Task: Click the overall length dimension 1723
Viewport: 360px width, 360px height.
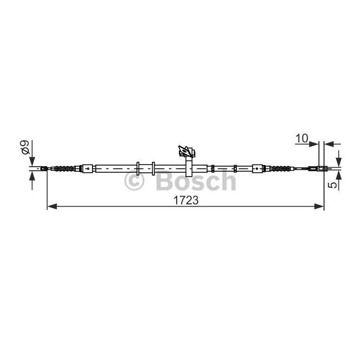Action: pos(186,200)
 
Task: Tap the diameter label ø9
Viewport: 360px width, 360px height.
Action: pos(25,147)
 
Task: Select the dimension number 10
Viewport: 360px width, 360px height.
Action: pos(302,138)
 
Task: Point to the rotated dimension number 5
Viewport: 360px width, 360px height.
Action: pos(333,185)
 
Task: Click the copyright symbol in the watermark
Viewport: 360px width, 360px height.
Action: pos(135,181)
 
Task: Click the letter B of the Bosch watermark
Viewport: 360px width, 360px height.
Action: pos(165,181)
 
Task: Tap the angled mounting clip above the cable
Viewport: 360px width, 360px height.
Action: pos(187,151)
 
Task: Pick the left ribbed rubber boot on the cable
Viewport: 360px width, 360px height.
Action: pos(64,168)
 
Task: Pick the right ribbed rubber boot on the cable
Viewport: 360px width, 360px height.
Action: pos(281,168)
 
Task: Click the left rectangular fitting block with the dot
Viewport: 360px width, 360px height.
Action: pos(88,168)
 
